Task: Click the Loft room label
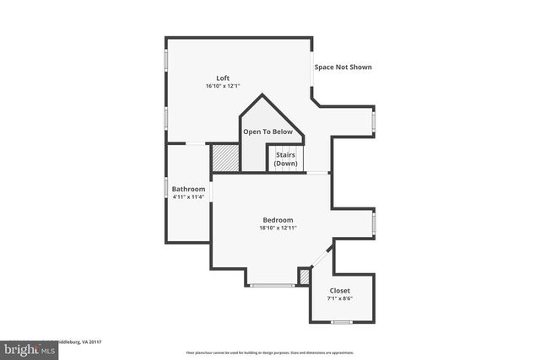point(223,78)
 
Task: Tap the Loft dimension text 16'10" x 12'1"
point(223,86)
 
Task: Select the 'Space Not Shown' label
point(343,67)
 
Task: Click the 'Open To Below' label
point(267,132)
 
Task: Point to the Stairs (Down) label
point(285,159)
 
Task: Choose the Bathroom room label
point(188,189)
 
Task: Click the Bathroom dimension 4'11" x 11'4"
point(188,197)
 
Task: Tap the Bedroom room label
point(278,219)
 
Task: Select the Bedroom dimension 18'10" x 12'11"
point(278,228)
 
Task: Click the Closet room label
point(339,290)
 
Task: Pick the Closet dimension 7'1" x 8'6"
point(339,298)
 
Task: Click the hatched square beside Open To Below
point(224,158)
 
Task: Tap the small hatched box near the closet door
point(305,276)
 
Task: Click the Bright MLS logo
point(29,348)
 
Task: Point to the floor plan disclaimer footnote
point(269,352)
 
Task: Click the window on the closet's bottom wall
point(341,322)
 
